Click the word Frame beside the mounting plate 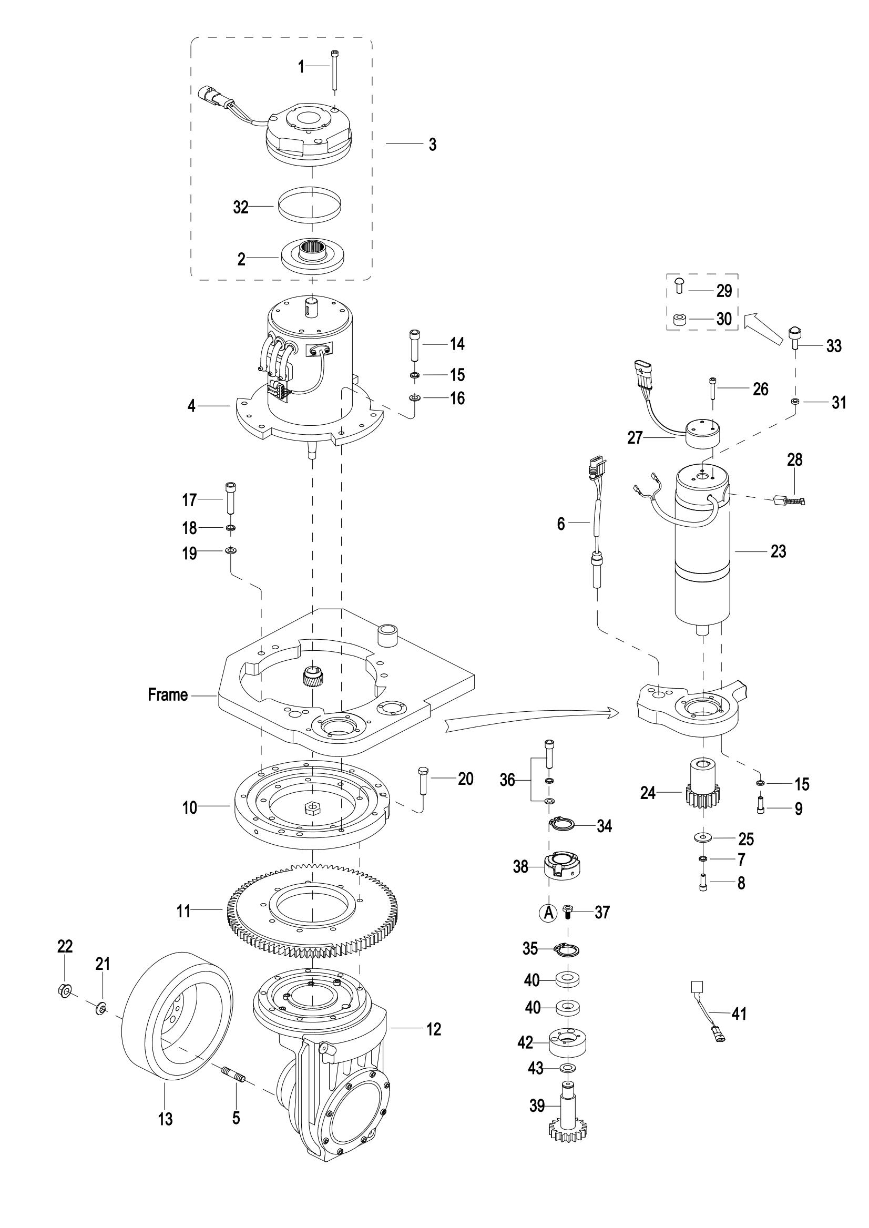(168, 695)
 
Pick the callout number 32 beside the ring (241, 207)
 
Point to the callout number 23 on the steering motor (778, 551)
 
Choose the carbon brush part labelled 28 (789, 501)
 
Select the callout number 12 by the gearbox (433, 1029)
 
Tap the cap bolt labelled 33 (795, 338)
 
